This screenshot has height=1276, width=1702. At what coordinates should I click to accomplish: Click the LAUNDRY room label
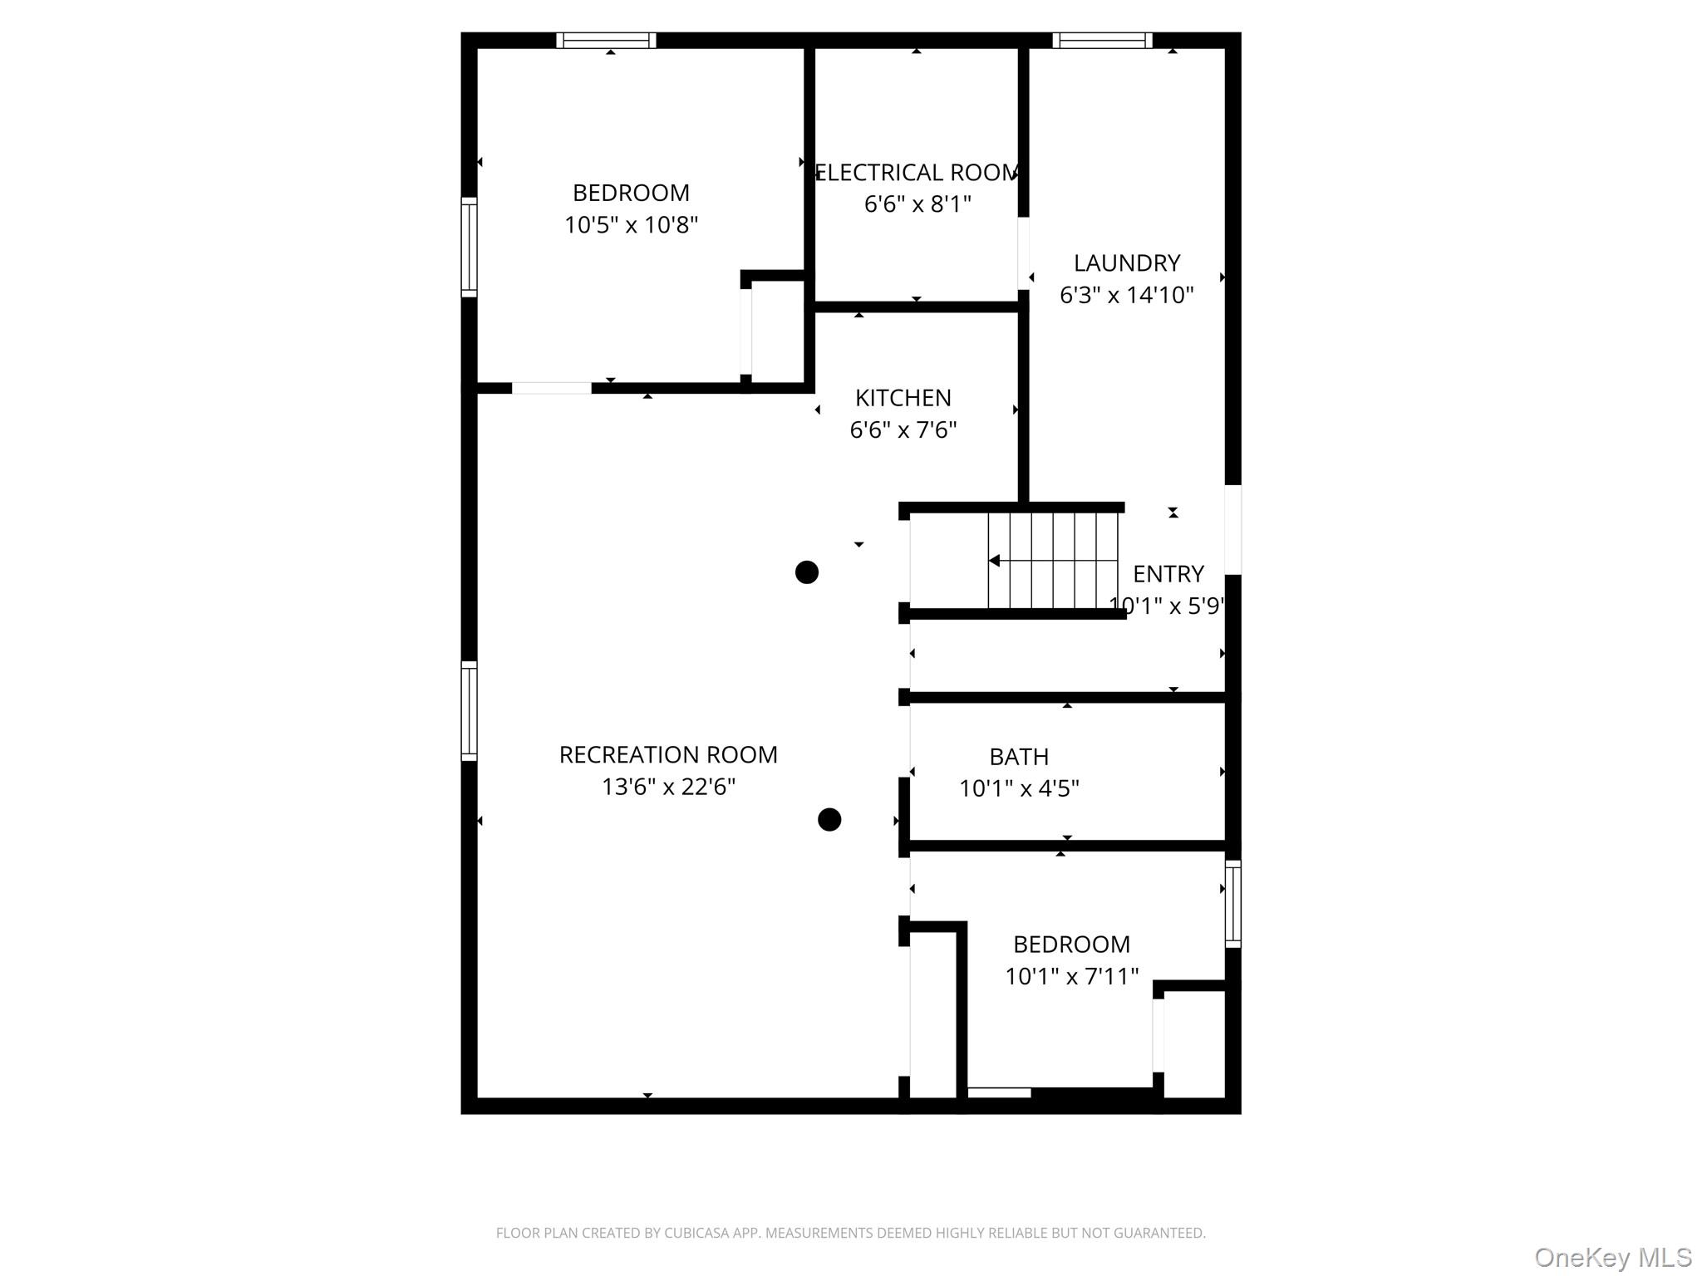(x=1126, y=263)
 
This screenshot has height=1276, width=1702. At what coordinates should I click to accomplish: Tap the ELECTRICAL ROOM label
(x=917, y=173)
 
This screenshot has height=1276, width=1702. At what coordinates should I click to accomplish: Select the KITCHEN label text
(x=903, y=398)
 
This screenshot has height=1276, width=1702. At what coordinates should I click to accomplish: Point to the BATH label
(x=1019, y=757)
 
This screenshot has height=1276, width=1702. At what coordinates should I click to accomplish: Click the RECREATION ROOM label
(x=668, y=755)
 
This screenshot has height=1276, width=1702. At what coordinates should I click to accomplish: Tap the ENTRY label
(x=1168, y=574)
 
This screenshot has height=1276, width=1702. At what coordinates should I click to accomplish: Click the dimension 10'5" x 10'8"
(x=632, y=225)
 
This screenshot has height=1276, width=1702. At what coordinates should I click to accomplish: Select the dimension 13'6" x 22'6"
(x=668, y=787)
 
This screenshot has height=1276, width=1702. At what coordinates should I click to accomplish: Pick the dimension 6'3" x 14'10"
(x=1126, y=295)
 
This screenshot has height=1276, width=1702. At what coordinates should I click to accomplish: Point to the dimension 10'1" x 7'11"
(x=1071, y=976)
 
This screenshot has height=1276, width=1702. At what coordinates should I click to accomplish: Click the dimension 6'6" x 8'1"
(x=917, y=204)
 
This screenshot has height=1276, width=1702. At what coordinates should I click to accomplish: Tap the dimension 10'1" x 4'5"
(x=1019, y=788)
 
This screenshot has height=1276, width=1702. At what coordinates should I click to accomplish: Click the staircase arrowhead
(x=994, y=561)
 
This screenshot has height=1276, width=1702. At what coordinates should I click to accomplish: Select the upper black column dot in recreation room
(x=807, y=572)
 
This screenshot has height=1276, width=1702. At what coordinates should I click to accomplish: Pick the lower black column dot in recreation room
(x=829, y=820)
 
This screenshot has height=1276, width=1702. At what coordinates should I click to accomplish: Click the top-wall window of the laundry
(x=1102, y=40)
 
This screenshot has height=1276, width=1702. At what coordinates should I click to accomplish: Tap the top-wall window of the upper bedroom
(x=606, y=40)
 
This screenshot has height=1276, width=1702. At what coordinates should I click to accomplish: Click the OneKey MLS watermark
(x=1613, y=1257)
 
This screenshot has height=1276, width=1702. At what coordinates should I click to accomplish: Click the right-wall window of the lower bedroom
(x=1233, y=904)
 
